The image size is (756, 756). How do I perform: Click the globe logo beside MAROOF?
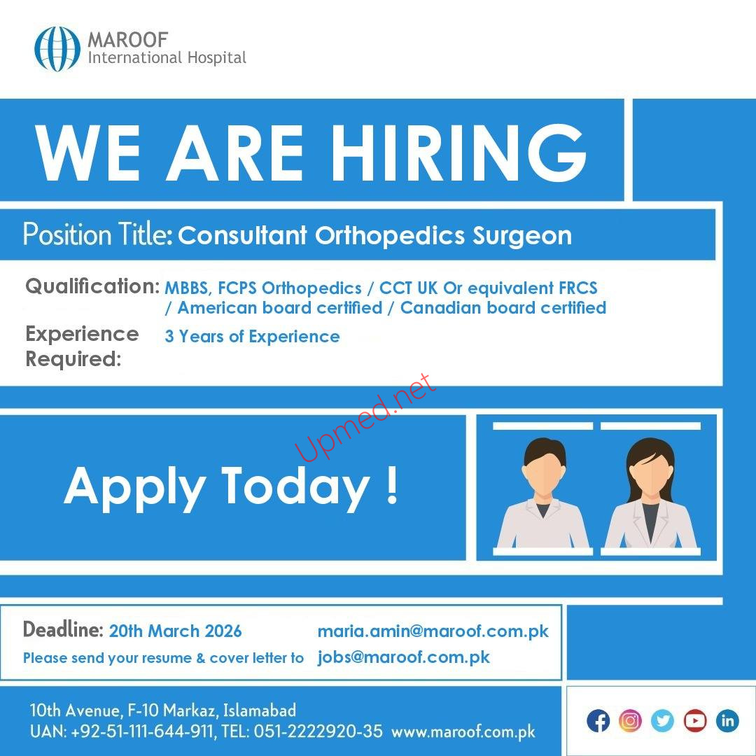(57, 49)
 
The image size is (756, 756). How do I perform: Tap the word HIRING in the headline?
(458, 153)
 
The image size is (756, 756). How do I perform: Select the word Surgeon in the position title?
(522, 236)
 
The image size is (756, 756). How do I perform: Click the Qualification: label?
(92, 286)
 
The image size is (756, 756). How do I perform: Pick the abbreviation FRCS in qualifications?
(578, 288)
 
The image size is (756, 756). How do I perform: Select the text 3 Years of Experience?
(252, 336)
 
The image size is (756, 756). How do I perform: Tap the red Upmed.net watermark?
(365, 417)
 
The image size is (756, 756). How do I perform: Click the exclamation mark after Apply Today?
(393, 485)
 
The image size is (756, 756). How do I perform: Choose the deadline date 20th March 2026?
(176, 631)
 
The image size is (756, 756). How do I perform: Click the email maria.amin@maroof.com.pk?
(433, 631)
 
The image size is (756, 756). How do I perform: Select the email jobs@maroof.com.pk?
(404, 657)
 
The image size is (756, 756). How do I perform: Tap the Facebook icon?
(598, 721)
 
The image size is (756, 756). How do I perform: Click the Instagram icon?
(630, 721)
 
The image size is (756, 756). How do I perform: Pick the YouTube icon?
(695, 721)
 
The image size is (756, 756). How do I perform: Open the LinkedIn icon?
(727, 721)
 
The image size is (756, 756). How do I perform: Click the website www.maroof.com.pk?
(463, 732)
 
